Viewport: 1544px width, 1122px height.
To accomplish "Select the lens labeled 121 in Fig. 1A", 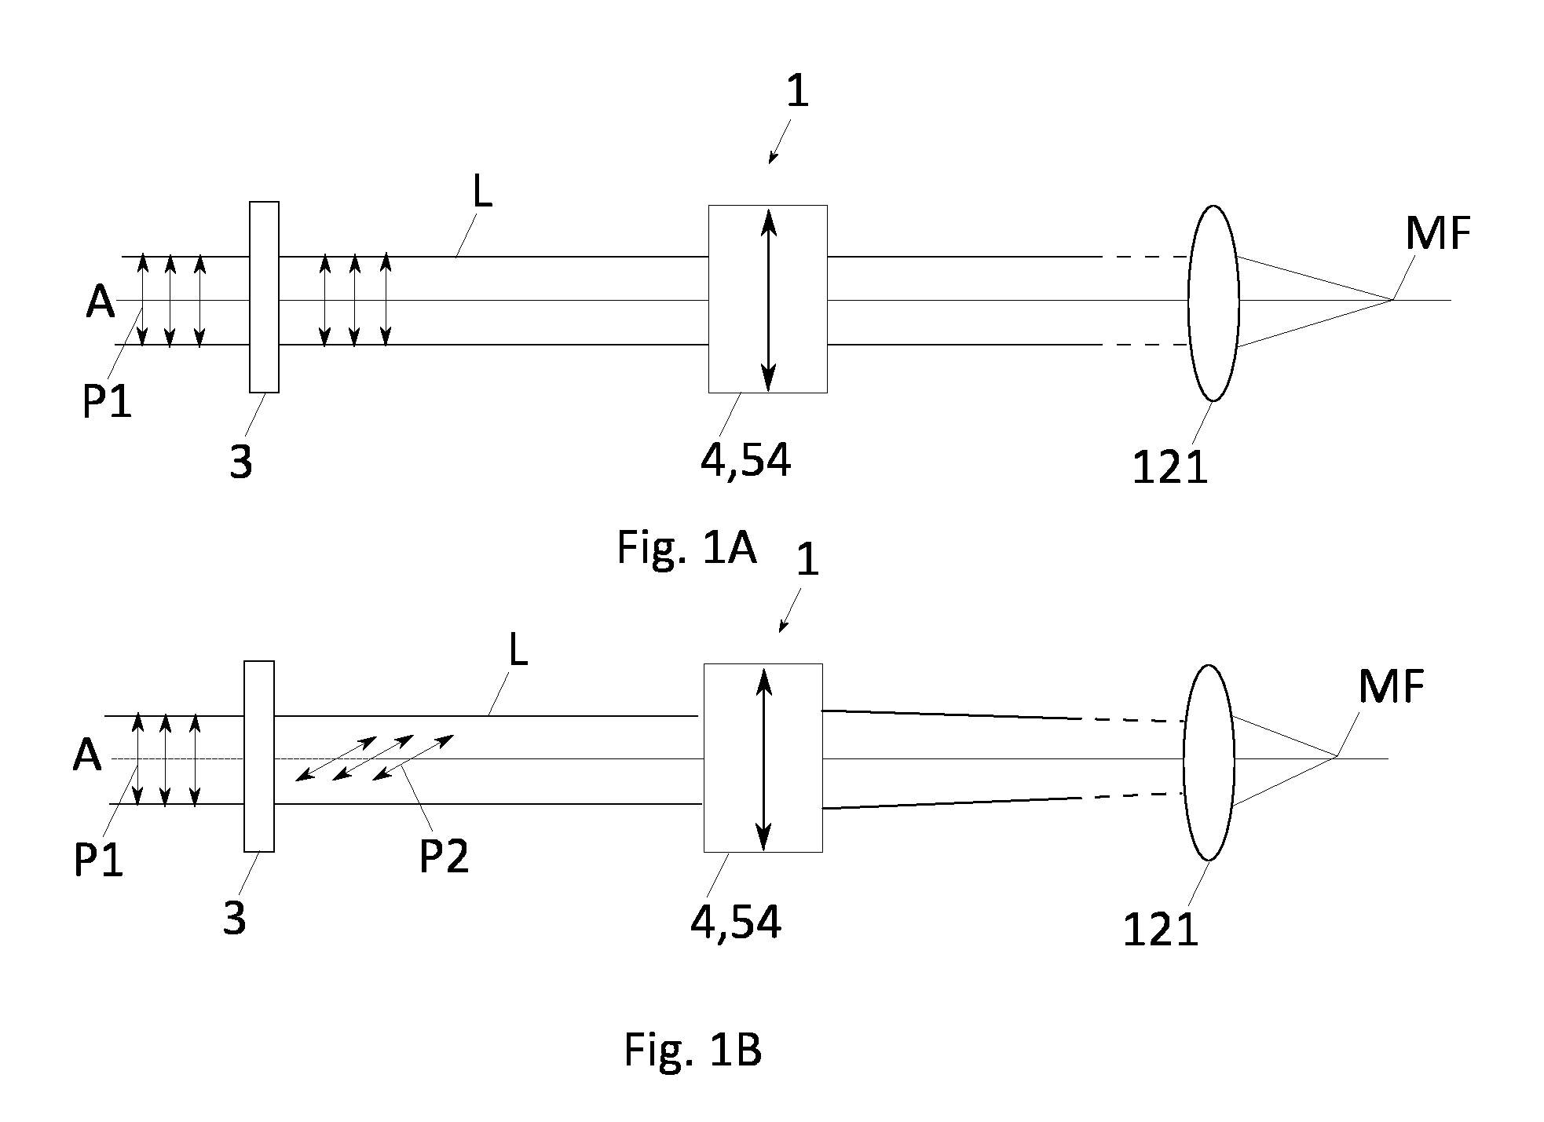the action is [x=1213, y=303].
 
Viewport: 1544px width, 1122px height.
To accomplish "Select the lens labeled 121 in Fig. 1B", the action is [x=1209, y=762].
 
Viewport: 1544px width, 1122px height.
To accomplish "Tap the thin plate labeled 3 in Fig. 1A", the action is [x=264, y=297].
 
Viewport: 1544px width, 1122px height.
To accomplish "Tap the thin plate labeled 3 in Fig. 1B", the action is [x=259, y=756].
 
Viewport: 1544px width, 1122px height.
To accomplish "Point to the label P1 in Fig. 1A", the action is [x=108, y=402].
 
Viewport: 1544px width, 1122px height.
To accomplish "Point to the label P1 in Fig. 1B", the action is [x=98, y=860].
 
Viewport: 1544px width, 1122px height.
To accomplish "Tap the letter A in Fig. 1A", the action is [x=100, y=301].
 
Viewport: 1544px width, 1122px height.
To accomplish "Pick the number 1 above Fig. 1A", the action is [x=797, y=92].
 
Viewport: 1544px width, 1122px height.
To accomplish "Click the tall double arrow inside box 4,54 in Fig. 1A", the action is [x=768, y=299].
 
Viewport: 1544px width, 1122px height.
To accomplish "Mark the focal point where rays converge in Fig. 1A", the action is [x=1392, y=300].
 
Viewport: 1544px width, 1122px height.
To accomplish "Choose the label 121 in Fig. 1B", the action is [x=1160, y=930].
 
